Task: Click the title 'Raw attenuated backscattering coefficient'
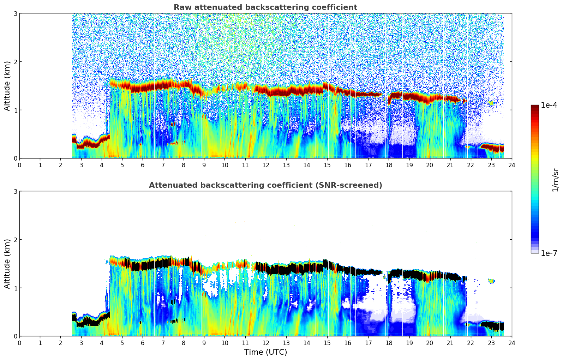coord(265,7)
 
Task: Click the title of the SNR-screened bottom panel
coord(265,185)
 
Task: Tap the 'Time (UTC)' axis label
coord(265,352)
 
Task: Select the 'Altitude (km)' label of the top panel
coord(7,86)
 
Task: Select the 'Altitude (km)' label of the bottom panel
coord(7,264)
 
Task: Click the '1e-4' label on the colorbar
coord(549,105)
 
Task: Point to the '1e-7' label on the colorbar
coord(549,253)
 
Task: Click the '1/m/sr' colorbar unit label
coord(555,180)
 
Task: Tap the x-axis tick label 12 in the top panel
coord(265,165)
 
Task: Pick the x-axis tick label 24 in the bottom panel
coord(511,343)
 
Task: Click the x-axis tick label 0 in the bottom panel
coord(19,343)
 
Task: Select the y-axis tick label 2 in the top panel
coord(15,62)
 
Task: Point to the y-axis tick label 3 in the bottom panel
coord(15,191)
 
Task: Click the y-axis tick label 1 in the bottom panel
coord(15,288)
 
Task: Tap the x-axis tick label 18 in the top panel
coord(389,165)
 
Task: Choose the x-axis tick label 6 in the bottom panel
coord(143,343)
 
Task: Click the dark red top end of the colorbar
coord(535,107)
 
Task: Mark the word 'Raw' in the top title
coord(182,7)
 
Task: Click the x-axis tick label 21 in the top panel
coord(450,165)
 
